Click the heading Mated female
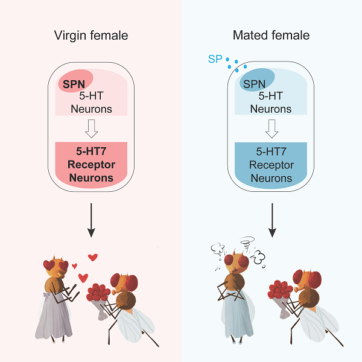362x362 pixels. pyautogui.click(x=271, y=36)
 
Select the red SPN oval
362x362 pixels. pyautogui.click(x=75, y=81)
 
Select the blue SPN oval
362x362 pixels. pyautogui.click(x=257, y=79)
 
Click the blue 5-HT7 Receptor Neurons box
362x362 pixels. pyautogui.click(x=271, y=162)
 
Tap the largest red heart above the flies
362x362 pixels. pyautogui.click(x=92, y=258)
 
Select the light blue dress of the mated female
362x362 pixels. pyautogui.click(x=232, y=317)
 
